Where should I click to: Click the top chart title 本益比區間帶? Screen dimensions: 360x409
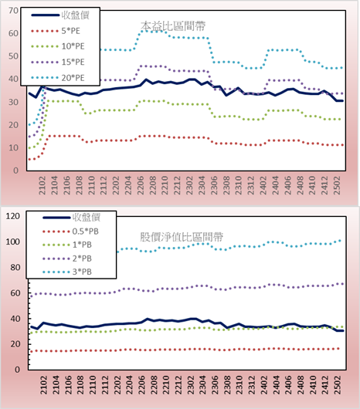click(x=173, y=26)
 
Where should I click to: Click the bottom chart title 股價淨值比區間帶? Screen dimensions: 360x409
click(x=182, y=237)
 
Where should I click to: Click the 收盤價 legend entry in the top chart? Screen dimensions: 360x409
click(x=60, y=15)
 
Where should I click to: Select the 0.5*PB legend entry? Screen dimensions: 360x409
click(x=70, y=232)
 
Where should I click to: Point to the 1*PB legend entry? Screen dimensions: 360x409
click(x=67, y=245)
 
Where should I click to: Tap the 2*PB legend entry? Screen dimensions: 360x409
click(x=67, y=259)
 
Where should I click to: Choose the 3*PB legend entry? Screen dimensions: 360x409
click(x=67, y=272)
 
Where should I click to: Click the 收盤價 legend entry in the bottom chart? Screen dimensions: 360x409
click(x=72, y=217)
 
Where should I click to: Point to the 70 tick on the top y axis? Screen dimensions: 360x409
click(x=14, y=11)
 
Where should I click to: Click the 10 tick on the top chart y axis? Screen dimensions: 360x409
click(x=14, y=147)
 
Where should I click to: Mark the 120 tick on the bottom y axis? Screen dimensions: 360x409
click(x=13, y=216)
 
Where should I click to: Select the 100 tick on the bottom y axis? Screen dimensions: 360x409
click(x=13, y=242)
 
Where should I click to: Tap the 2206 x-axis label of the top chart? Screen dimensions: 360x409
click(x=141, y=185)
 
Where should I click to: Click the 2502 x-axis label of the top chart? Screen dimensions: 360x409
click(x=337, y=185)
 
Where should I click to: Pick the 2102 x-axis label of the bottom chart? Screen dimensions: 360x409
click(x=43, y=385)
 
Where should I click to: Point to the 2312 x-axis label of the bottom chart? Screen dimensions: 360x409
click(x=252, y=385)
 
